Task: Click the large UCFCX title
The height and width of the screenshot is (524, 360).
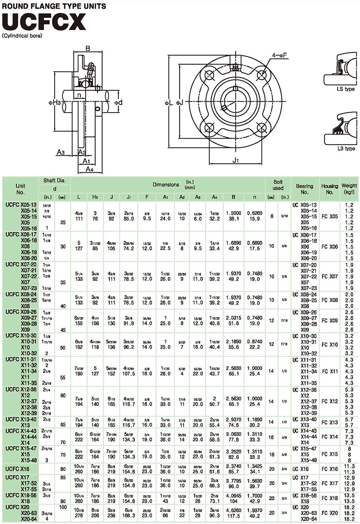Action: [x=45, y=21]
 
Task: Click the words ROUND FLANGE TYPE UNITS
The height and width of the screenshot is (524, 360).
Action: [x=54, y=6]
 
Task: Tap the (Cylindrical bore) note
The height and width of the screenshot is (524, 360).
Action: [x=22, y=35]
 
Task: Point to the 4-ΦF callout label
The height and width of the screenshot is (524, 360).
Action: [x=279, y=55]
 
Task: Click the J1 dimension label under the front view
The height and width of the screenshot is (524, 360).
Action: [x=235, y=160]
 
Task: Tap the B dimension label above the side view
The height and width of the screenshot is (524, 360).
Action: [x=88, y=47]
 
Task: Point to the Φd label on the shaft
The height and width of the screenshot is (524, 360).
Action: [x=118, y=103]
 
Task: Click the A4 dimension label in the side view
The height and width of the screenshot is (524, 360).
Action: [x=89, y=169]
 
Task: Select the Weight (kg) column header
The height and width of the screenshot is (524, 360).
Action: [x=349, y=189]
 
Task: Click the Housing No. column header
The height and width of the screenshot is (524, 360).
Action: [x=329, y=189]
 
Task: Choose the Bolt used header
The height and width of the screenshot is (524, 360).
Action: [x=278, y=185]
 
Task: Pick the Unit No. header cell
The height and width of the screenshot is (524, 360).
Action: [x=21, y=189]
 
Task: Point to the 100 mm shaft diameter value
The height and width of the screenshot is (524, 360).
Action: [x=62, y=507]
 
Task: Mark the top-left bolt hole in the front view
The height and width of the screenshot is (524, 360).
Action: [x=210, y=75]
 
